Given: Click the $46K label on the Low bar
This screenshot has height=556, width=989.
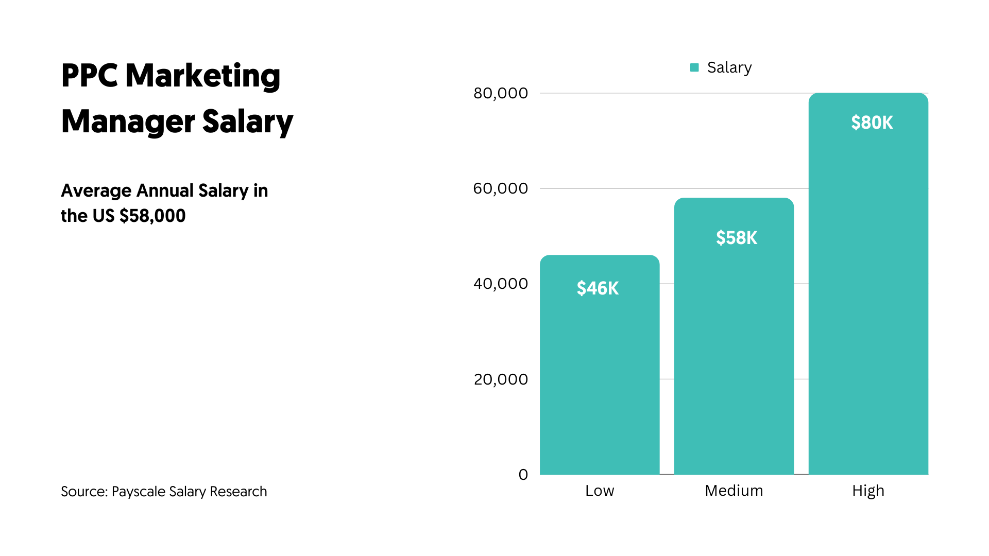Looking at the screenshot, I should (x=598, y=288).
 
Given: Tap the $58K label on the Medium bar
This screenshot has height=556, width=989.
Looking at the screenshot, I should (x=737, y=238).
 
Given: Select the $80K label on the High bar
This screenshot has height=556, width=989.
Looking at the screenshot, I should (x=872, y=123).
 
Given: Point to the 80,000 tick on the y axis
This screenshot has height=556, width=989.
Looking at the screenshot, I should (x=501, y=93).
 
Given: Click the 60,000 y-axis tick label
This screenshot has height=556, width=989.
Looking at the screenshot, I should (x=501, y=188).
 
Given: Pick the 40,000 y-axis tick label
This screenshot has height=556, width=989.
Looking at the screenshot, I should (x=501, y=284).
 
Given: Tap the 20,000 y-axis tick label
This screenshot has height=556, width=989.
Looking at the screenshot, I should (x=501, y=379).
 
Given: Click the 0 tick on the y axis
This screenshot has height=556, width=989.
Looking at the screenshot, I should (x=523, y=475).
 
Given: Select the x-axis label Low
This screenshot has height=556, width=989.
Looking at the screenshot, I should (x=600, y=491).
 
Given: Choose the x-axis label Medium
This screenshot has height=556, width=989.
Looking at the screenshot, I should (x=734, y=491).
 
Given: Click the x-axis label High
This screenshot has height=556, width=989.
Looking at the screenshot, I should (x=868, y=491).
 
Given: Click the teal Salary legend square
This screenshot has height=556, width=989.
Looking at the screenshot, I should (x=694, y=67).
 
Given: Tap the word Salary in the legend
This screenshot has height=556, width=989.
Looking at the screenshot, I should (x=729, y=67).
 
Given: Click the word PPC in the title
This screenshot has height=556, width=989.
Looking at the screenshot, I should (x=89, y=76).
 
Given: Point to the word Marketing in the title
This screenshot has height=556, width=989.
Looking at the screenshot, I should (x=203, y=77).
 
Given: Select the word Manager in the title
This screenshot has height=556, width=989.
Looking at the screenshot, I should (x=128, y=122).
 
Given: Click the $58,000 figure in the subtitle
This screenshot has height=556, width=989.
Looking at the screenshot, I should (x=152, y=216).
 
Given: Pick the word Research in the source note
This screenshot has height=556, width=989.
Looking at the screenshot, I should (x=238, y=492).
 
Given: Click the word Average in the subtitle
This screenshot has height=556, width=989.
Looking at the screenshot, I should (x=96, y=190).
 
